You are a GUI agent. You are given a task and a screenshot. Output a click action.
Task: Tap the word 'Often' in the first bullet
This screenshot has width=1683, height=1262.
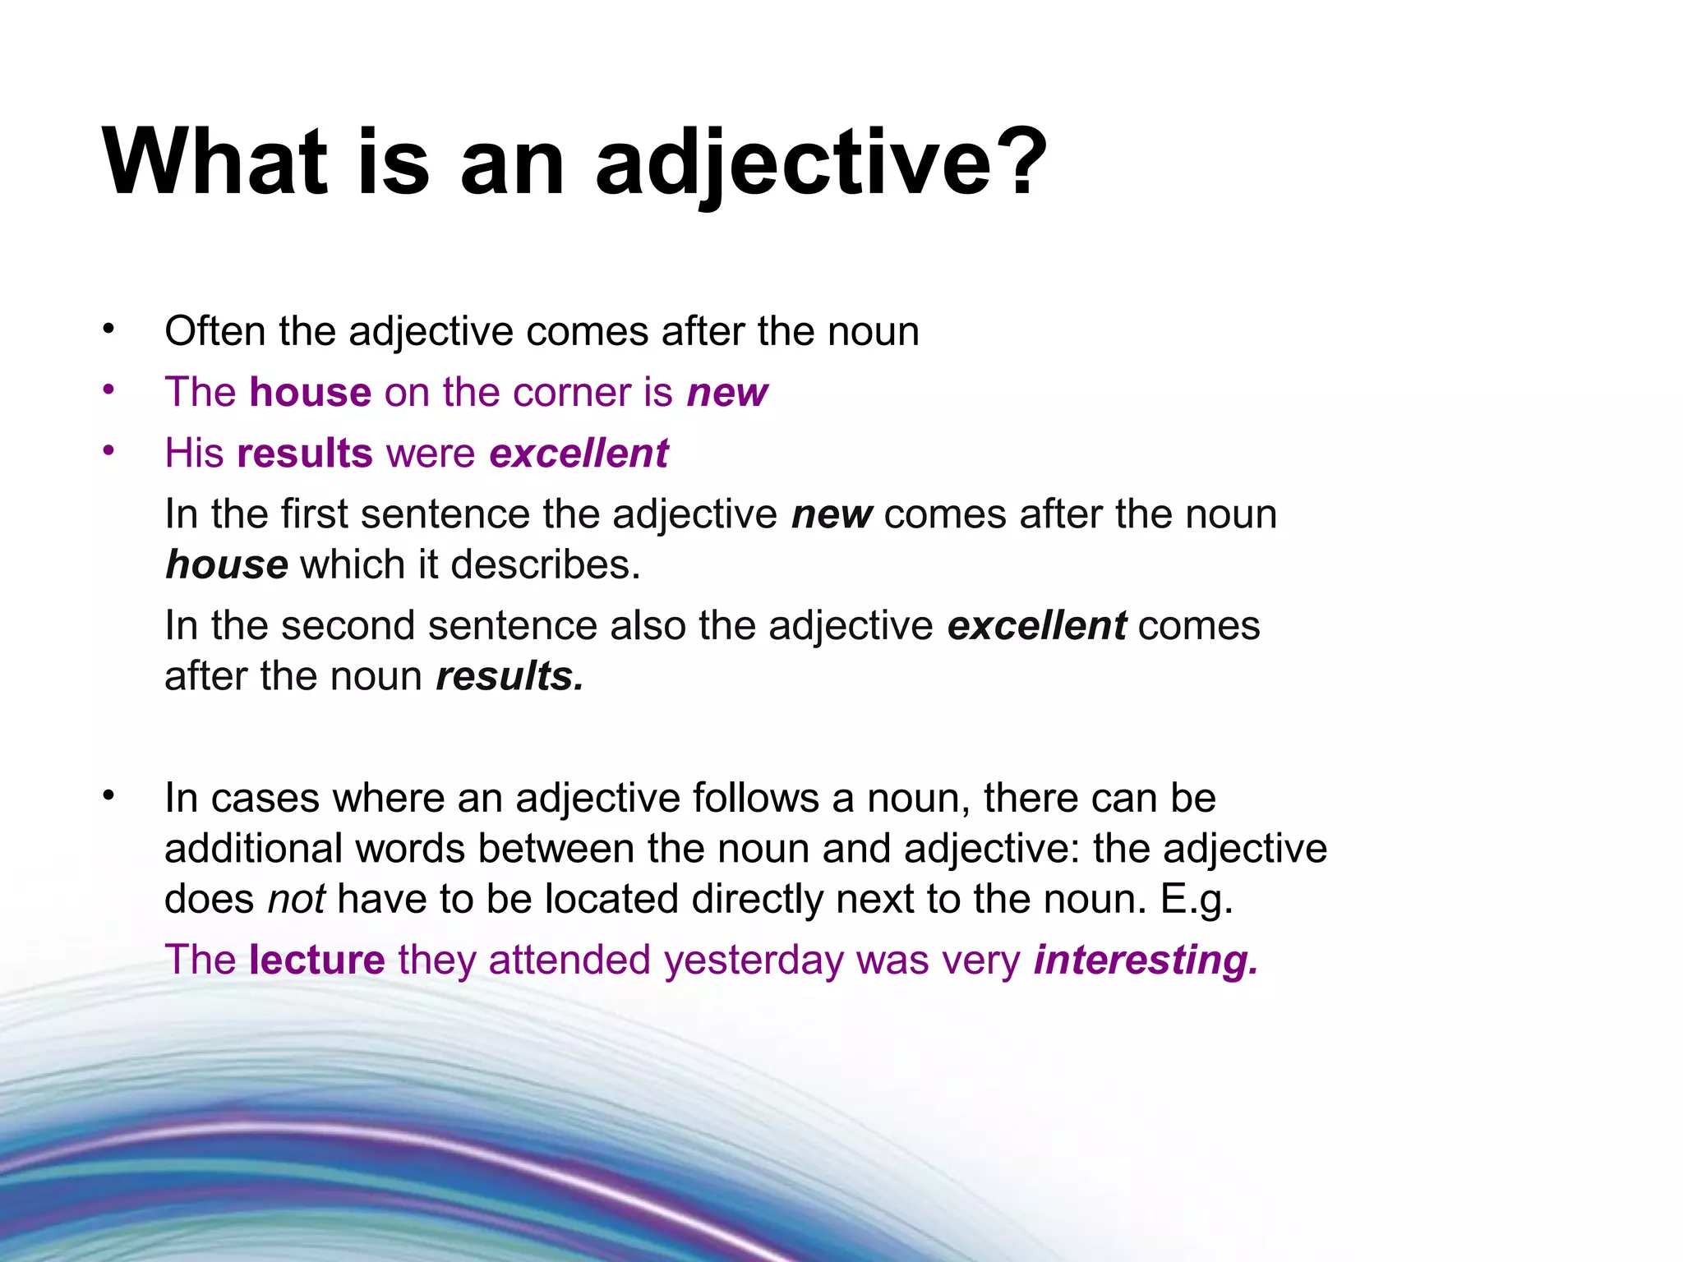tap(214, 331)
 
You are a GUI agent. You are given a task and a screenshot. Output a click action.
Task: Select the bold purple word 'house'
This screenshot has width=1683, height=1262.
tap(310, 392)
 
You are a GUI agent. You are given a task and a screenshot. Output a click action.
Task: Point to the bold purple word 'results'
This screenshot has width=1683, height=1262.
tap(304, 453)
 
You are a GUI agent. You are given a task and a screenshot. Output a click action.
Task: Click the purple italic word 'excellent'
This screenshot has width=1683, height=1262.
tap(579, 453)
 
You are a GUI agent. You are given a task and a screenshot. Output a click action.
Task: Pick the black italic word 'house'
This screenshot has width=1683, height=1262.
tap(226, 565)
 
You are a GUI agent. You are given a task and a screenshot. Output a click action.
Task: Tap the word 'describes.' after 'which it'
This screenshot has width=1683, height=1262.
tap(545, 565)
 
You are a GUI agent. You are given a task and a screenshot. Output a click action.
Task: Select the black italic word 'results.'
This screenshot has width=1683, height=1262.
tap(510, 676)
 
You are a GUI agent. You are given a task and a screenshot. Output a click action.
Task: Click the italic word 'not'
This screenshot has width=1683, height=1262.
tap(297, 899)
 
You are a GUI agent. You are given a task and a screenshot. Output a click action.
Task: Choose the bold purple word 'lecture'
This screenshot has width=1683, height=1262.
tap(316, 960)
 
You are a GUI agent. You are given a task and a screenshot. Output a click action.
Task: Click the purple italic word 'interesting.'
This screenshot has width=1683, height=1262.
tap(1146, 960)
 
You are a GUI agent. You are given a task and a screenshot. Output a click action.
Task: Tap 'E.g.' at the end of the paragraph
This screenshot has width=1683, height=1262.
tap(1197, 899)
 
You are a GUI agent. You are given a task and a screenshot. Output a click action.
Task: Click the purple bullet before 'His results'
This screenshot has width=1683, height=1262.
tap(108, 451)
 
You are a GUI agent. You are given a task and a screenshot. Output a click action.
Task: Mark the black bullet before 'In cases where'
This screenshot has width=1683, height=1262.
tap(108, 795)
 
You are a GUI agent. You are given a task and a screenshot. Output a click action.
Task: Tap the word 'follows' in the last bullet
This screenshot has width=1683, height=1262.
tap(755, 798)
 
